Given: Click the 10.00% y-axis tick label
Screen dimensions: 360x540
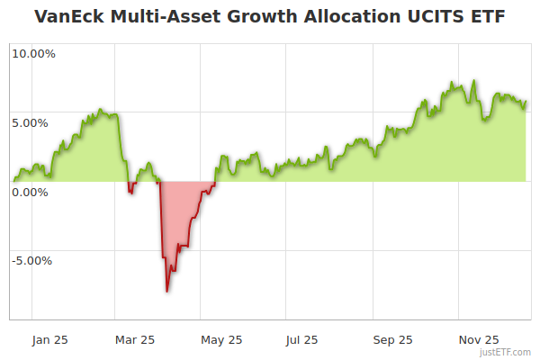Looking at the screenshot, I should [33, 53].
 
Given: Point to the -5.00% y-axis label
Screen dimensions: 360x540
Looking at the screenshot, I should [31, 261].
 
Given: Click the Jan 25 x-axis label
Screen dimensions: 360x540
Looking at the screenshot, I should [49, 340].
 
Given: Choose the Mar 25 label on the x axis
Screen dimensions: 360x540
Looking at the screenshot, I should [136, 340].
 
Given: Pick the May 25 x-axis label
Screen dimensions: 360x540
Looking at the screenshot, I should [222, 340].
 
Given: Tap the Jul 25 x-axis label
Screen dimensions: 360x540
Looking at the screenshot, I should [301, 340].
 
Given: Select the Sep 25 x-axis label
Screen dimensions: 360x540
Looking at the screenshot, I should [393, 340].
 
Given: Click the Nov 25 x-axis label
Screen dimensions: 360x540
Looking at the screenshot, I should [479, 340].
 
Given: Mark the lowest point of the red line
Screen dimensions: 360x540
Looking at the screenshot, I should [167, 291].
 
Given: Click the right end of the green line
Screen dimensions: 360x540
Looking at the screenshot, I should [526, 102].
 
